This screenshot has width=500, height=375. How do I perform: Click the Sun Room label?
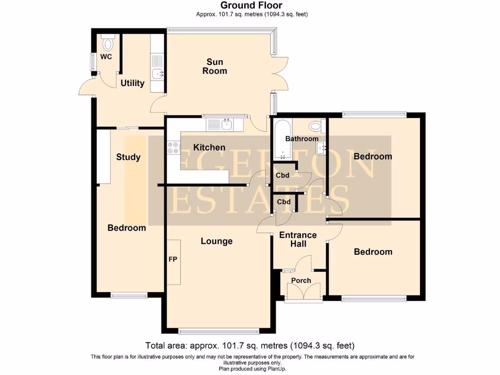point(215,66)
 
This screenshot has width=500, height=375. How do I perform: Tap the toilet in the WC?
point(107,44)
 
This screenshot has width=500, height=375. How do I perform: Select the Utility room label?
point(132,83)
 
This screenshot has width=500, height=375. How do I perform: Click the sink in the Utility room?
point(157,74)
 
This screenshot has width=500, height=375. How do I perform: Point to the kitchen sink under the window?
point(226,125)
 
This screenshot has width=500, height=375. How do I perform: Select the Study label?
point(128,157)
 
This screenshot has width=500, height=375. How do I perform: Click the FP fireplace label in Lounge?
point(173,259)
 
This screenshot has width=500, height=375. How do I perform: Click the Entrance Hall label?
point(298,239)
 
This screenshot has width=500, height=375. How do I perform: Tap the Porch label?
point(301,280)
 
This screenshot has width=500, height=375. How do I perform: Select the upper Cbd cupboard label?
point(283,175)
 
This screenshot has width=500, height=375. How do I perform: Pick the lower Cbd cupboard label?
point(284,202)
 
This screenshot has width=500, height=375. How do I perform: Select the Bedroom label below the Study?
point(127,228)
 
